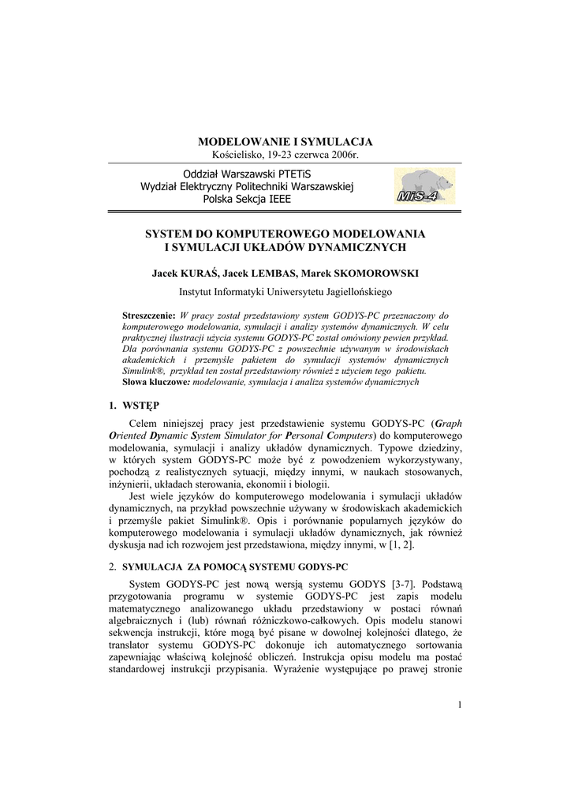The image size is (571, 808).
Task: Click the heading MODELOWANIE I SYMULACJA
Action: pos(285,141)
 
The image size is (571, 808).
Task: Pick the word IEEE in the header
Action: pos(278,200)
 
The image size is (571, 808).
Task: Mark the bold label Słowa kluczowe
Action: pos(155,382)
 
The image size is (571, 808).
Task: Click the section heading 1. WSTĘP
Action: pos(134,406)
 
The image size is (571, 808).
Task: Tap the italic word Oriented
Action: pos(128,436)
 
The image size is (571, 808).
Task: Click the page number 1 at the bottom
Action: pos(459,705)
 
